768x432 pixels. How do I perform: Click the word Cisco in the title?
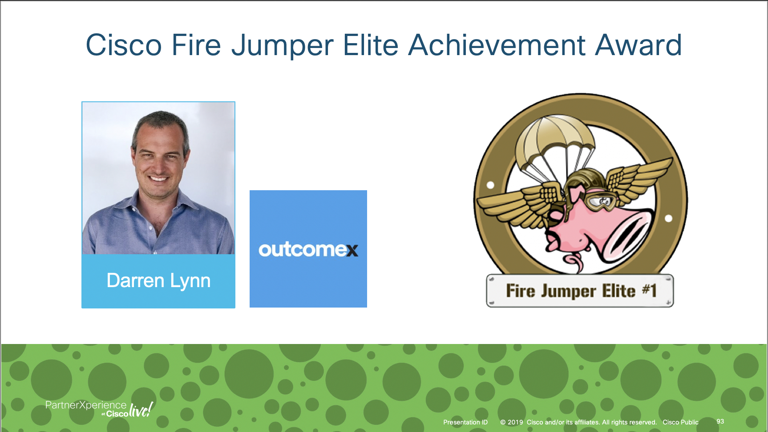(x=124, y=45)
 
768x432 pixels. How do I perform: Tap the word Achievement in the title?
(x=497, y=45)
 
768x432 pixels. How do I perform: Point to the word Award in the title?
(x=638, y=45)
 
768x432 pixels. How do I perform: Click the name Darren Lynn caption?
(x=158, y=281)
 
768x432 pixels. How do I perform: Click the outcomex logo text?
(x=308, y=249)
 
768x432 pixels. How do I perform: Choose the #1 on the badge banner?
(x=649, y=290)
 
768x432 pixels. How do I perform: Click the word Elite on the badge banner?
(x=618, y=291)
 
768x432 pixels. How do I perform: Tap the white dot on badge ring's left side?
(x=490, y=185)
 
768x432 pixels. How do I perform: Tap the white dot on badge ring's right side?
(x=668, y=218)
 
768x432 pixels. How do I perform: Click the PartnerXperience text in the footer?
(x=86, y=405)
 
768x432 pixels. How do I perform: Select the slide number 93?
(x=720, y=421)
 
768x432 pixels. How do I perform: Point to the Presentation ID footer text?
(x=465, y=422)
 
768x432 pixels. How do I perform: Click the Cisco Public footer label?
(x=680, y=422)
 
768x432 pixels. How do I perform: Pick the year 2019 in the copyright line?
(x=515, y=422)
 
